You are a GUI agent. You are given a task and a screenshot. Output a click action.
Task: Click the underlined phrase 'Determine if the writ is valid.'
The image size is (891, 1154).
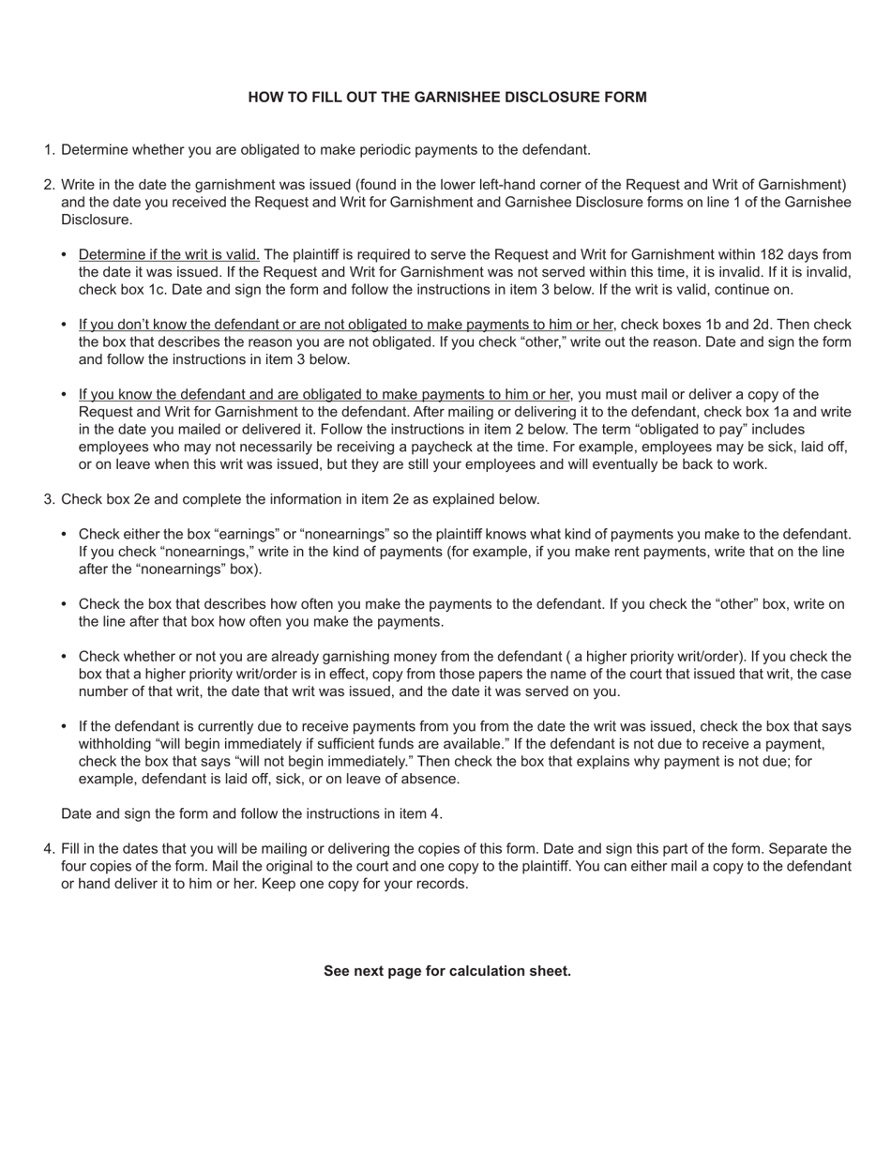pyautogui.click(x=169, y=254)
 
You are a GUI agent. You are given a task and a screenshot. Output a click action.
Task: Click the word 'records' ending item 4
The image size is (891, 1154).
pyautogui.click(x=440, y=884)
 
